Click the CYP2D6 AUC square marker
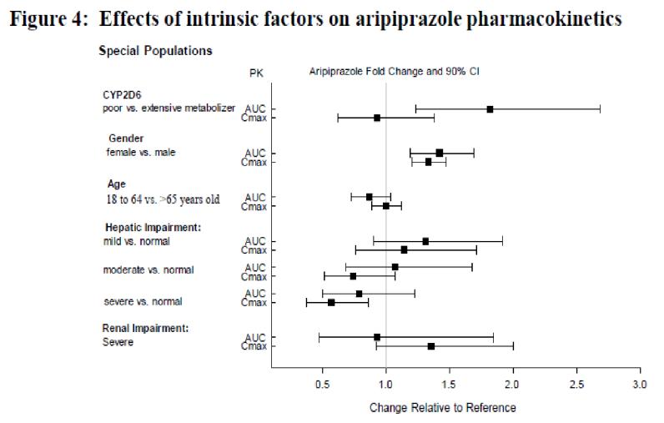pyautogui.click(x=490, y=109)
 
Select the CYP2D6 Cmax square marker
pyautogui.click(x=377, y=118)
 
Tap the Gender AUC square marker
pyautogui.click(x=440, y=153)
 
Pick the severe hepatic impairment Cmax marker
pyautogui.click(x=331, y=302)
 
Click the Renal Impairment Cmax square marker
pyautogui.click(x=431, y=345)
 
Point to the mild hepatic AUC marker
pyautogui.click(x=425, y=241)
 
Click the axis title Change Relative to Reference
pyautogui.click(x=442, y=408)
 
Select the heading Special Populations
pyautogui.click(x=155, y=51)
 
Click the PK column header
pyautogui.click(x=256, y=73)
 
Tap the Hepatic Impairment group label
pyautogui.click(x=153, y=227)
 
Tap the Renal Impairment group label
pyautogui.click(x=145, y=328)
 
